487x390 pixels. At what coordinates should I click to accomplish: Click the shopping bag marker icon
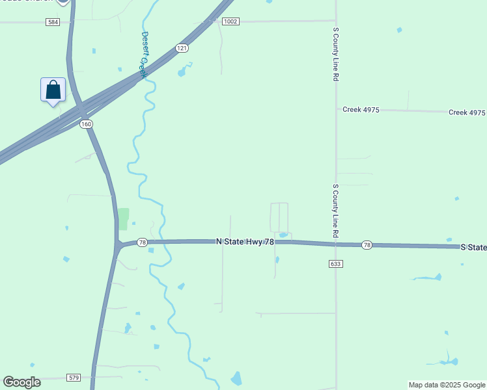click(x=53, y=90)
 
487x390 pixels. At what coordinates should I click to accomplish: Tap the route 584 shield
click(x=53, y=22)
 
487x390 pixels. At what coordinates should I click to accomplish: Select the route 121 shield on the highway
click(x=182, y=48)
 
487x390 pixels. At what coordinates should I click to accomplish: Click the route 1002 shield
click(x=230, y=21)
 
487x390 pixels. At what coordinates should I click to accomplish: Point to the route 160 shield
click(x=87, y=124)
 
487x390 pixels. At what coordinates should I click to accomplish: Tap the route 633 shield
click(x=336, y=264)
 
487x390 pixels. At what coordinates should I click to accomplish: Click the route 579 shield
click(x=74, y=378)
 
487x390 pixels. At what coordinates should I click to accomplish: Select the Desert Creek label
click(x=144, y=55)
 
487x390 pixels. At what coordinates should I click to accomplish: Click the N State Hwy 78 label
click(x=245, y=242)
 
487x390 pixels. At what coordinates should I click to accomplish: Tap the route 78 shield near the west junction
click(x=142, y=242)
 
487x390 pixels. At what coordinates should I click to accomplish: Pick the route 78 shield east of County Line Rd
click(x=367, y=245)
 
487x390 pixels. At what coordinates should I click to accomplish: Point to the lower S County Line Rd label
click(x=336, y=210)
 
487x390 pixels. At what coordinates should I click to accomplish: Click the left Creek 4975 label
click(x=361, y=110)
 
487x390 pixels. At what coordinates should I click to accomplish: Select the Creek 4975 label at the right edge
click(x=467, y=112)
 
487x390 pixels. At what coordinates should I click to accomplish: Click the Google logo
click(x=21, y=382)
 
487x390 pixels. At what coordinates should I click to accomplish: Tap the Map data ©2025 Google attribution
click(x=447, y=385)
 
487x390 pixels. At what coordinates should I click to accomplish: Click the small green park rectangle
click(x=123, y=219)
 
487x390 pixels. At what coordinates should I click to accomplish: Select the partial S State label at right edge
click(x=473, y=248)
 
